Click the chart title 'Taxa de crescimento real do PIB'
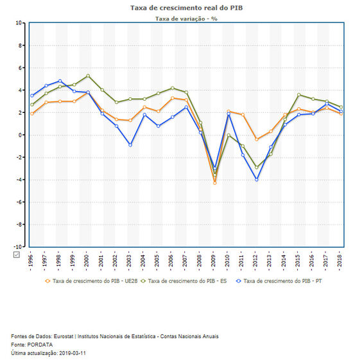[x=186, y=8]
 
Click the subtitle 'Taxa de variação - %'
[x=186, y=19]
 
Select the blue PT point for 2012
[x=257, y=180]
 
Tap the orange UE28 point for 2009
[x=215, y=183]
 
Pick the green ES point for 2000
[x=88, y=76]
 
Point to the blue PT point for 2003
[x=130, y=145]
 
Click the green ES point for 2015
[x=298, y=94]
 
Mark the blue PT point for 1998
[x=60, y=81]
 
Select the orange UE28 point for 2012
[x=257, y=139]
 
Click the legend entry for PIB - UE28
[x=91, y=281]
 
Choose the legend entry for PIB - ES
[x=184, y=281]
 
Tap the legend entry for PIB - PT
[x=279, y=281]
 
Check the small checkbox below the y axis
[x=17, y=255]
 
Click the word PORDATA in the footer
[x=40, y=345]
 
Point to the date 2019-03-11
[x=73, y=353]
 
